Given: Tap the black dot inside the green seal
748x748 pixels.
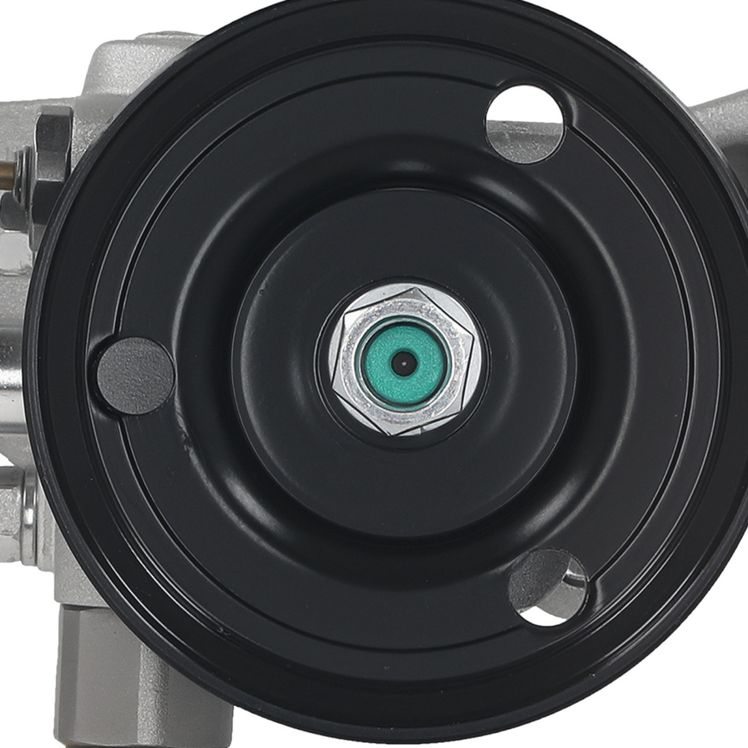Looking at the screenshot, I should coord(404,363).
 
